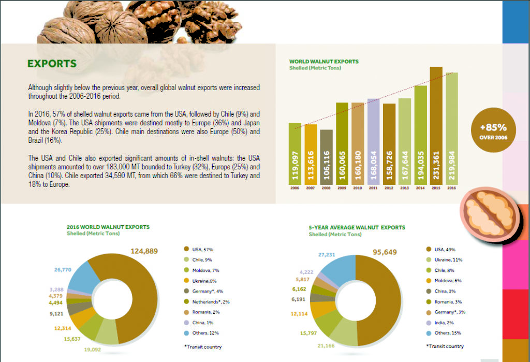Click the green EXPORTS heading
coord(52,64)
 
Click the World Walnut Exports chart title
coord(323,62)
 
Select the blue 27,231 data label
coord(328,255)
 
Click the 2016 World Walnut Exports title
coord(108,227)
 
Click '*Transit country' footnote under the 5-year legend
coord(445,346)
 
